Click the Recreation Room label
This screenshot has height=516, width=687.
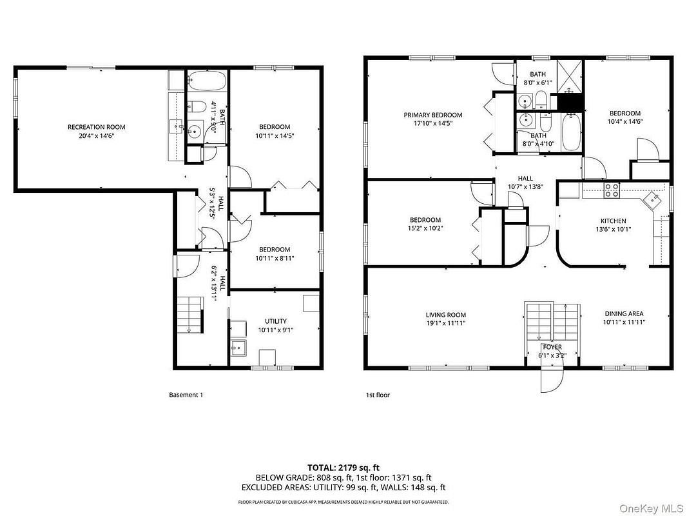point(97,127)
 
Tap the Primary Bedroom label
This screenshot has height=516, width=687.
point(433,115)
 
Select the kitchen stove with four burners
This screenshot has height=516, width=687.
point(611,190)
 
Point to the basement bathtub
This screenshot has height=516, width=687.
point(207,81)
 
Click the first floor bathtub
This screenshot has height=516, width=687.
point(571,133)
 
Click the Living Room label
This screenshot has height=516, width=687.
point(445,314)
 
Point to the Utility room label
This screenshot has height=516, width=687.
point(276,321)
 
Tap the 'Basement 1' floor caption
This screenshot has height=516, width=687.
point(186,395)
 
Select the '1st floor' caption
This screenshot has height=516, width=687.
point(378,395)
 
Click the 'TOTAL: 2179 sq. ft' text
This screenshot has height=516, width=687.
point(343,466)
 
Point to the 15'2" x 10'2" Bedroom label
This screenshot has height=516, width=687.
point(425,228)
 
